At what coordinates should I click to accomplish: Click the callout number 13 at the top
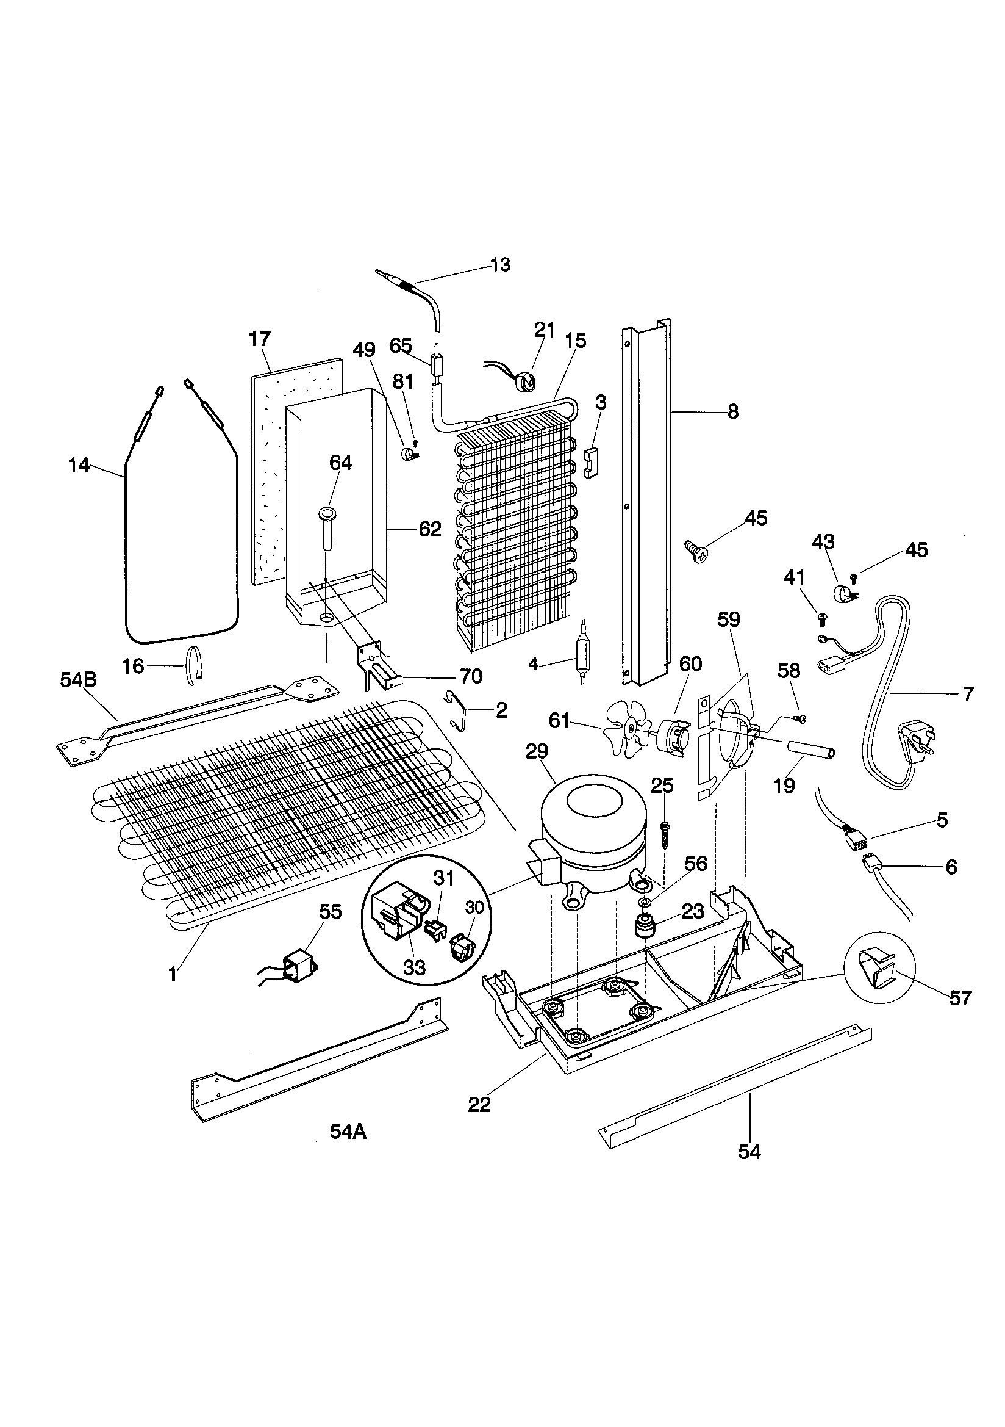[x=500, y=265]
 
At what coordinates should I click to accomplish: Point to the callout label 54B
[x=78, y=680]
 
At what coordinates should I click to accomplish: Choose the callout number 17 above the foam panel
[x=260, y=339]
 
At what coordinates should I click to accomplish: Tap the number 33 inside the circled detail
[x=414, y=967]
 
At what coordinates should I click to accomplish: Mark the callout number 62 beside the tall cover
[x=430, y=529]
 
